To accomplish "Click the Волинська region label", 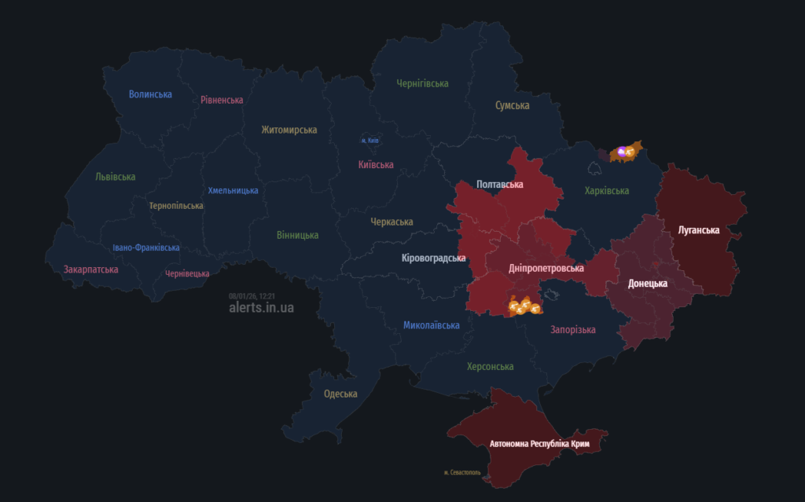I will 150,94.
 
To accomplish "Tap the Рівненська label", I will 222,100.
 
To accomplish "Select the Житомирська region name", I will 289,130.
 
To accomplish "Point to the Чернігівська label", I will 422,83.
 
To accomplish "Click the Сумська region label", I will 512,105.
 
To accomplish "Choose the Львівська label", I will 116,177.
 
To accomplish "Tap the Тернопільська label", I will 176,206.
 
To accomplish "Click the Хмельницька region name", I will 233,190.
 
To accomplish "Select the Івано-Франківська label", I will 145,247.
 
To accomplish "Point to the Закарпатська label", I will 91,269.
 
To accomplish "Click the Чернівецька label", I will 187,273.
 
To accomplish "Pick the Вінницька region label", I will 297,235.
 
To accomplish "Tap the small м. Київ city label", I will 370,141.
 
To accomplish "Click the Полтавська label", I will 500,185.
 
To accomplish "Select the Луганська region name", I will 699,230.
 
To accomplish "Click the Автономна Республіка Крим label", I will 539,444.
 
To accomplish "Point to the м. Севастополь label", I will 463,472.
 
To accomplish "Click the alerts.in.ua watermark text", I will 261,308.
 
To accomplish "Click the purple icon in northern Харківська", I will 623,152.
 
